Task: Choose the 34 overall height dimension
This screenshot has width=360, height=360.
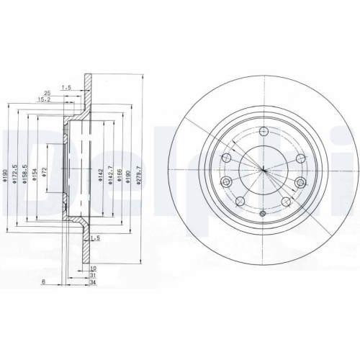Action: [x=93, y=282]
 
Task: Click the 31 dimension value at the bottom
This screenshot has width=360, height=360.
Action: [x=93, y=274]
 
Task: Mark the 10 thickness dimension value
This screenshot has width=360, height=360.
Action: [x=93, y=267]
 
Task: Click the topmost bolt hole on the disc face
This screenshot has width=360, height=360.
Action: [x=264, y=131]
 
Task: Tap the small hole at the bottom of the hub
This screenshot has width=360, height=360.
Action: [x=264, y=213]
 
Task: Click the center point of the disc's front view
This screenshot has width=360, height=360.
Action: [x=264, y=171]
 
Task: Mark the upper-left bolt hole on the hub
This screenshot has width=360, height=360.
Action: [x=228, y=159]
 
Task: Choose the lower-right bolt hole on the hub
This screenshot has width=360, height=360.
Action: [x=287, y=202]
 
